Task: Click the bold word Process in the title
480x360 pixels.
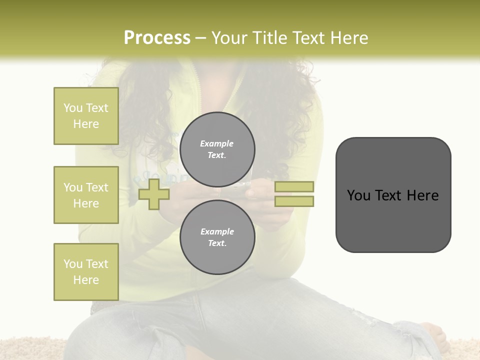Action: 157,38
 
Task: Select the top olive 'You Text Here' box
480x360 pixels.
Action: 86,116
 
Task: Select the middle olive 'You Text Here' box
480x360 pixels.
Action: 86,195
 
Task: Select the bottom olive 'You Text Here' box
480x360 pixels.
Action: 86,272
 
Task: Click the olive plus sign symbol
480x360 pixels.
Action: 154,194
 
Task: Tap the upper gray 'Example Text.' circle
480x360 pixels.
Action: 217,149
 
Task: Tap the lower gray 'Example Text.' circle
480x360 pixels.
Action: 217,237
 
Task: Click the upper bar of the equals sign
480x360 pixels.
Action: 294,186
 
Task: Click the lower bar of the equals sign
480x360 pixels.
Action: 294,201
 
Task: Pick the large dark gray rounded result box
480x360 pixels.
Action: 393,195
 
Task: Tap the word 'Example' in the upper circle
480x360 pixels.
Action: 217,143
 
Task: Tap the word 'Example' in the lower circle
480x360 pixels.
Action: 217,231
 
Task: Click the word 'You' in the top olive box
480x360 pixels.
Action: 73,108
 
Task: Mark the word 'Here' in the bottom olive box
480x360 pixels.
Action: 86,280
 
